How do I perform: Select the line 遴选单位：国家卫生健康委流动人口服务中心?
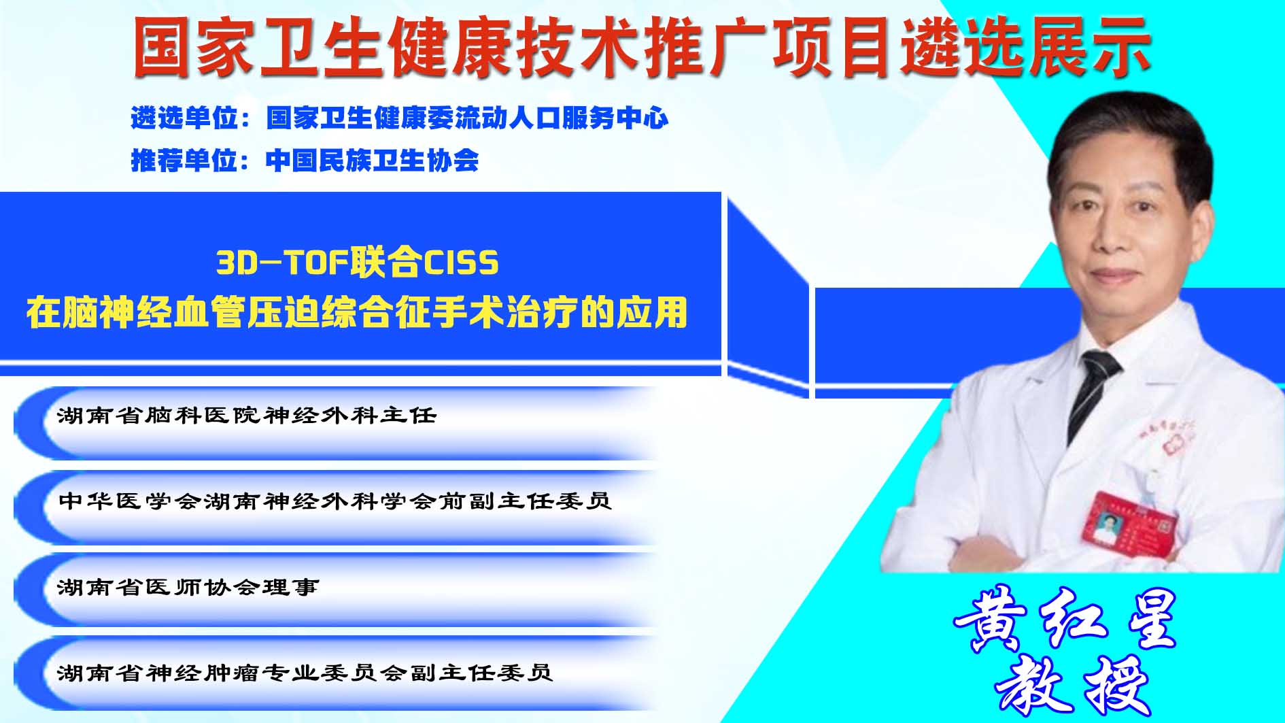pyautogui.click(x=400, y=118)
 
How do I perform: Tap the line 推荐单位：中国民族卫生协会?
pyautogui.click(x=305, y=161)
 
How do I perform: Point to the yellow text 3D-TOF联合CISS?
pyautogui.click(x=358, y=263)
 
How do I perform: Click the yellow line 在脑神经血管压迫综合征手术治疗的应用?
pyautogui.click(x=358, y=313)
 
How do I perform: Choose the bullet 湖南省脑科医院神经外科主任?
pyautogui.click(x=247, y=415)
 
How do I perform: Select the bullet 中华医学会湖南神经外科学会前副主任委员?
pyautogui.click(x=335, y=501)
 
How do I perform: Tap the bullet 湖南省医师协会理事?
pyautogui.click(x=188, y=586)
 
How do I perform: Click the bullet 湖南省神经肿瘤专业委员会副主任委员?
pyautogui.click(x=305, y=672)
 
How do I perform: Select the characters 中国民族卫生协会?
pyautogui.click(x=373, y=161)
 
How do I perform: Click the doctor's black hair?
pyautogui.click(x=1129, y=136)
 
